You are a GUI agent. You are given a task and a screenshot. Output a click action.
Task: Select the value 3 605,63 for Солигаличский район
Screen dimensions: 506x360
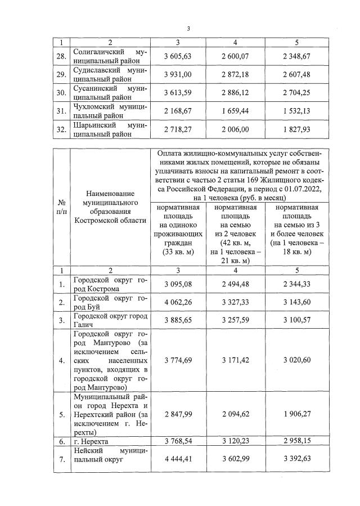click(x=178, y=56)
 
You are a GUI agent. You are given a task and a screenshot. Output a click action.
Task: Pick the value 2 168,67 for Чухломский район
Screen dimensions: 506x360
click(x=178, y=111)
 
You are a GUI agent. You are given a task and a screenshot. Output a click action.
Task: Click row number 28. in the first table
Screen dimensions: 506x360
click(x=62, y=56)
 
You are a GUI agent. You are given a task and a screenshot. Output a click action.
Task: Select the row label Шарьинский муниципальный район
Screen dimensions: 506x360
click(x=110, y=130)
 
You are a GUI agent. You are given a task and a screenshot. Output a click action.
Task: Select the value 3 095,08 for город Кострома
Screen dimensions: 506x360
click(x=178, y=284)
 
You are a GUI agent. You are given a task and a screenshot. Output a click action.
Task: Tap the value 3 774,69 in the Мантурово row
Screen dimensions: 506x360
click(x=178, y=360)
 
